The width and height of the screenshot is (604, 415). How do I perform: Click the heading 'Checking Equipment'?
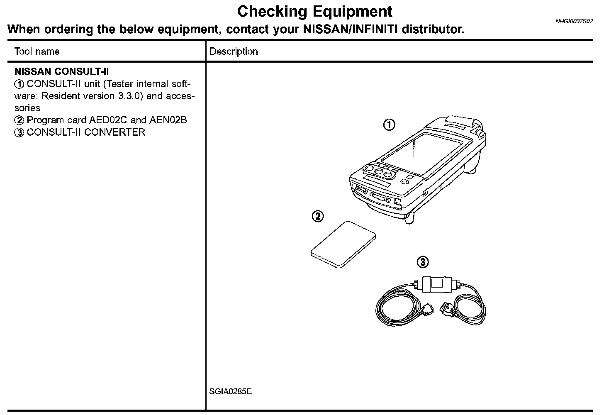point(314,12)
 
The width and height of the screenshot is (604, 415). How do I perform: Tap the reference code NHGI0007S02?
point(574,21)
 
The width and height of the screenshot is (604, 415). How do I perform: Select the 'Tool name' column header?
point(37,51)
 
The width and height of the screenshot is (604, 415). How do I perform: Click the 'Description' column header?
point(234,51)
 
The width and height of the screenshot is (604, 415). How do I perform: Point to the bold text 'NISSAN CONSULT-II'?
point(61,72)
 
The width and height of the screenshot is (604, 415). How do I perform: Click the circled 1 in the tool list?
point(19,84)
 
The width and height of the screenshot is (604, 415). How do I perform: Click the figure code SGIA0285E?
point(231,392)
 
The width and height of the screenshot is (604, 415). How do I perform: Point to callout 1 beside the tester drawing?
point(389,124)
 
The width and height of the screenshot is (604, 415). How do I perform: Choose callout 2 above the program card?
point(317,216)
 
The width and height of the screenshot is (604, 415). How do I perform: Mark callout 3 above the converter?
point(422,262)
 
